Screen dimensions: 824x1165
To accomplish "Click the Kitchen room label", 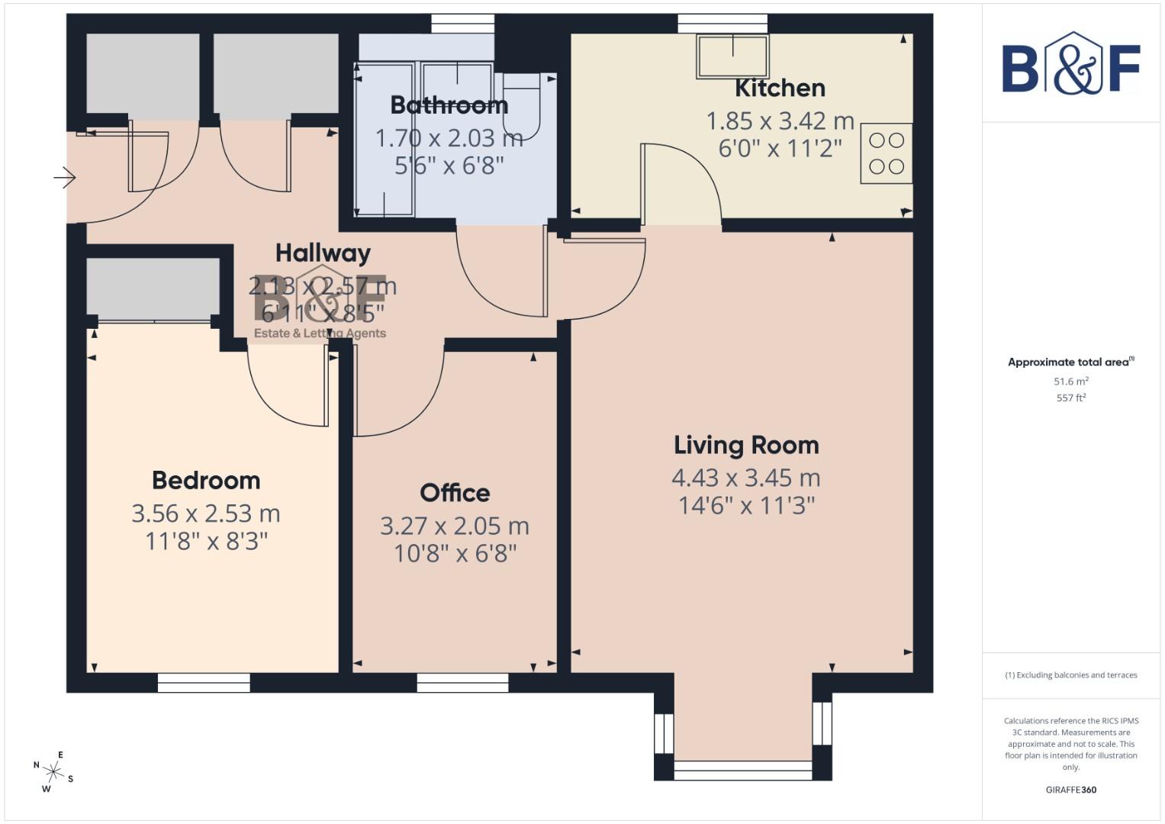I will pyautogui.click(x=780, y=89).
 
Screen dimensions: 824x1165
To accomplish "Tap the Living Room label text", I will pyautogui.click(x=746, y=445).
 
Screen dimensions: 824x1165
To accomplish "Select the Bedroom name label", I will pyautogui.click(x=206, y=480).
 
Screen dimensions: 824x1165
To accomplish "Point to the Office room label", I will pyautogui.click(x=455, y=493).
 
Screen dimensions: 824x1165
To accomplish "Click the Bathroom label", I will pyautogui.click(x=449, y=105).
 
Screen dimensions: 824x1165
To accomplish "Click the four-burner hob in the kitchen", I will pyautogui.click(x=887, y=153).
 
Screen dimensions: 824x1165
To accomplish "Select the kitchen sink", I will pyautogui.click(x=732, y=56).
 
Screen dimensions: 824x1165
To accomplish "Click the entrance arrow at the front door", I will pyautogui.click(x=65, y=179).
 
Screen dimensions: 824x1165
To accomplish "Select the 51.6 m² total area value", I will pyautogui.click(x=1071, y=381).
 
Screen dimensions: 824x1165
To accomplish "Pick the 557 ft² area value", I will pyautogui.click(x=1071, y=398).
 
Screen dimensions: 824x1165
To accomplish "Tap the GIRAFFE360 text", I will pyautogui.click(x=1071, y=790).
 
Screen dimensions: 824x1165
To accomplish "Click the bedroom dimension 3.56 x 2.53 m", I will pyautogui.click(x=206, y=513).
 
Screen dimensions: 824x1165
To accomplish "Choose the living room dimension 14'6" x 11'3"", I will pyautogui.click(x=746, y=505).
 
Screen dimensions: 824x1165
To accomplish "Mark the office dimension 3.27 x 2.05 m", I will pyautogui.click(x=455, y=526).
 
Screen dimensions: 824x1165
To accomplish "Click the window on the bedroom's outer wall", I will pyautogui.click(x=204, y=683).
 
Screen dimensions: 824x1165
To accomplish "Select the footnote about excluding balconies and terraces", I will pyautogui.click(x=1071, y=675).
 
